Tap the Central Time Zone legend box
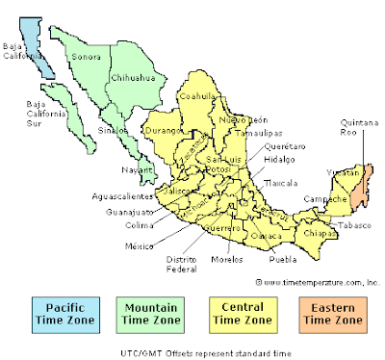[237, 313]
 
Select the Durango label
[163, 129]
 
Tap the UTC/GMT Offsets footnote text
[192, 352]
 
